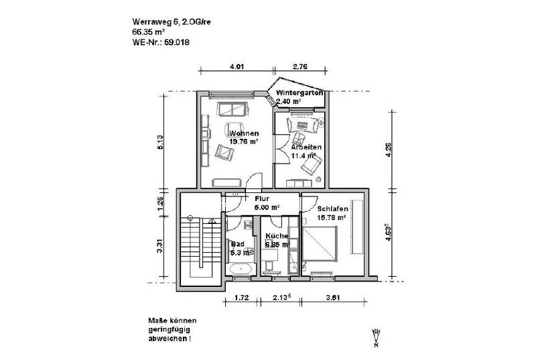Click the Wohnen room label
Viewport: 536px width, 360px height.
tap(244, 133)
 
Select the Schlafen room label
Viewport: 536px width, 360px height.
tap(332, 208)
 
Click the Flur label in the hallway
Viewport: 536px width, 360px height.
tap(261, 198)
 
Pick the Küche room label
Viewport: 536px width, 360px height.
tap(276, 237)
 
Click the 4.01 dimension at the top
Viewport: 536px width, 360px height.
tap(237, 66)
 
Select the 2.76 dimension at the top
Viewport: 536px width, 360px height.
tap(300, 66)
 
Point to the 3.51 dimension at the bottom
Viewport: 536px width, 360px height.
tap(332, 296)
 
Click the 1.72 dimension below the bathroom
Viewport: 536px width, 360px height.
tap(241, 296)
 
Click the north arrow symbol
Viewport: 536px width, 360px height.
tap(377, 338)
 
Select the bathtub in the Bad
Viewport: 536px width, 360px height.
tap(240, 269)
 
